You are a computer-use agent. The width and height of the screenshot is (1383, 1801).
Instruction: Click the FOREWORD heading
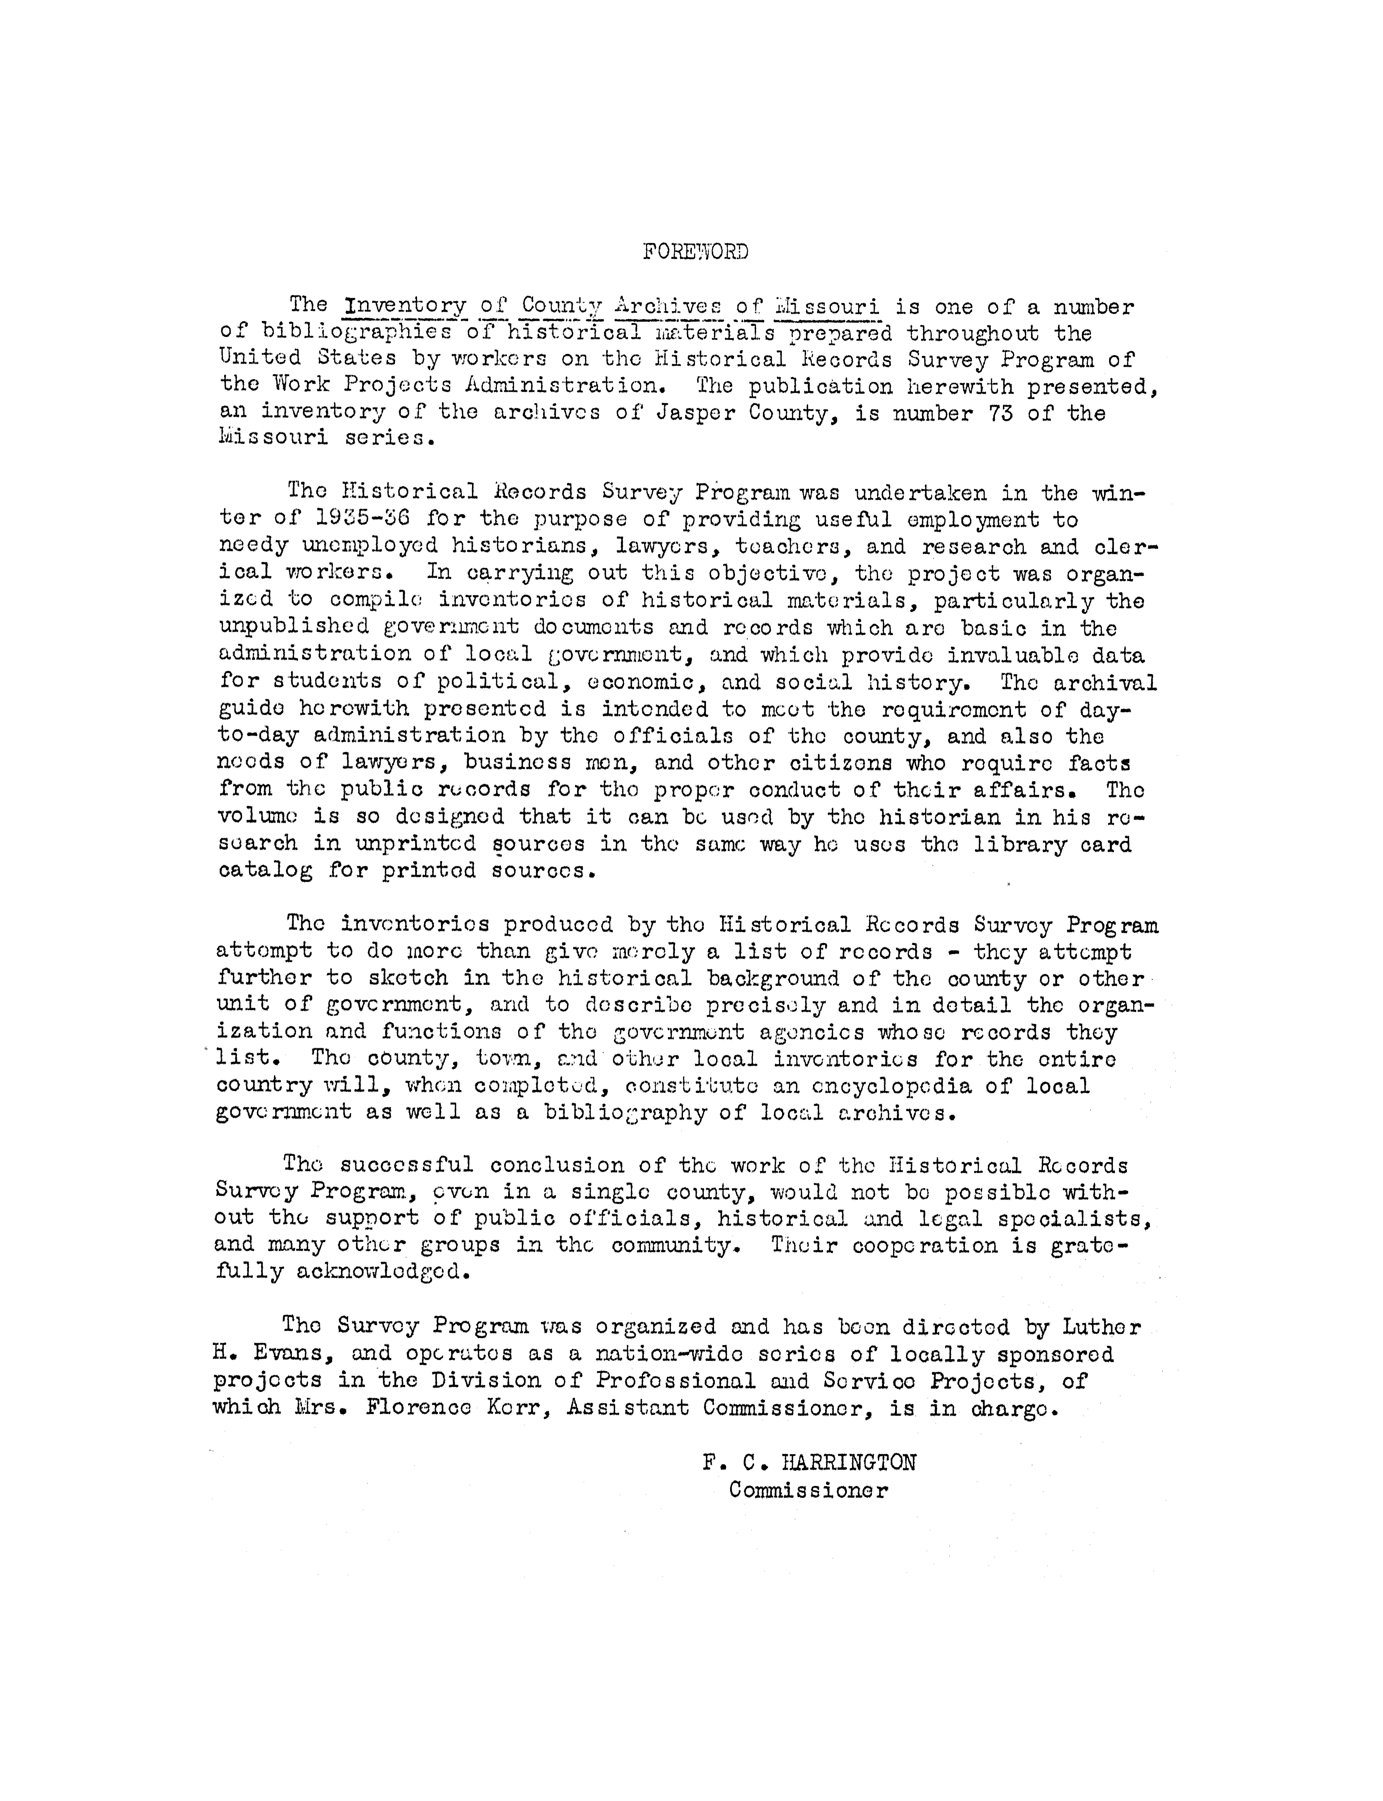click(696, 252)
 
